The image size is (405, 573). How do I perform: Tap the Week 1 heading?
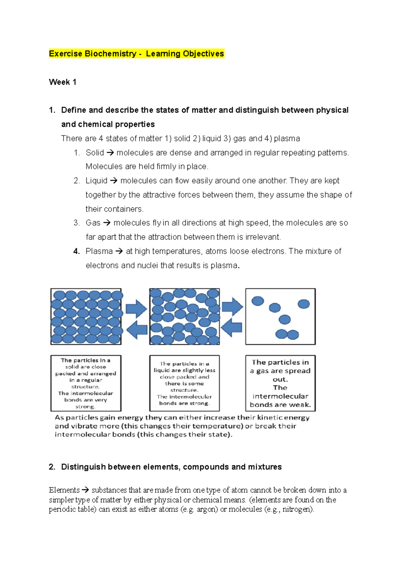[x=62, y=82]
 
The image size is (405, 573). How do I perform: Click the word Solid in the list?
[x=94, y=153]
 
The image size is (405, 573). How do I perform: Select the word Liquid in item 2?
[x=96, y=181]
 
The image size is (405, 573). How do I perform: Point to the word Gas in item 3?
[x=93, y=223]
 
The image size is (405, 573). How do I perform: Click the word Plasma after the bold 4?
[x=99, y=251]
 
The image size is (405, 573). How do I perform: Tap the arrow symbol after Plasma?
[x=119, y=251]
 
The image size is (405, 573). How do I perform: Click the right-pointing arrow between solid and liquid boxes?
[x=136, y=308]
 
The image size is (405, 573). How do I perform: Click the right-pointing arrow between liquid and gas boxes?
[x=232, y=307]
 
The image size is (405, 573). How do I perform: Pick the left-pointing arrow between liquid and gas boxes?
[x=232, y=327]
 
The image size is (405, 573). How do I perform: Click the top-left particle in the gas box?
[x=258, y=301]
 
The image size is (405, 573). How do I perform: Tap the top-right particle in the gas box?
[x=304, y=304]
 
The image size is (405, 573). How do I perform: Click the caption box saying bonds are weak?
[x=280, y=383]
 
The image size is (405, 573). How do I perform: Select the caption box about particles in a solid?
[x=86, y=383]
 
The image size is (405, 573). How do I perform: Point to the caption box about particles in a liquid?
[x=184, y=383]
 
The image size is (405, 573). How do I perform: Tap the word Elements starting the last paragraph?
[x=64, y=490]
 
